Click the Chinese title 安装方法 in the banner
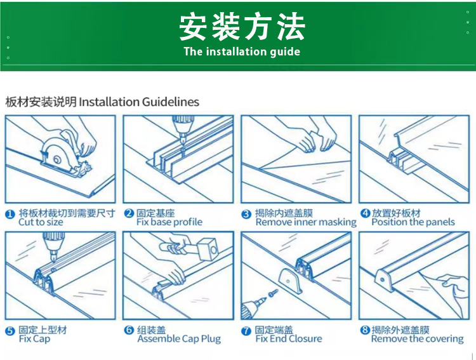click(242, 27)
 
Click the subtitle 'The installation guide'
click(242, 51)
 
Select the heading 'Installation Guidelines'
click(138, 102)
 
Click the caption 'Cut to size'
click(41, 222)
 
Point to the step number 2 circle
click(129, 214)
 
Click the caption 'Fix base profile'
click(169, 222)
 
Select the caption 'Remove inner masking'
click(306, 222)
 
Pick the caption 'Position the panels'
click(413, 222)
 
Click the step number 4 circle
click(365, 214)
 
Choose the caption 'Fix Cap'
click(34, 339)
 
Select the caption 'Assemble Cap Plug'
click(179, 339)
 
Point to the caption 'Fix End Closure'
click(289, 339)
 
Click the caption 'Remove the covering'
click(418, 339)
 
